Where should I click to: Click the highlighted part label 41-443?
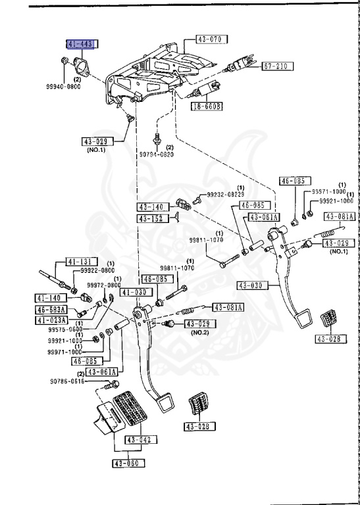tap(80, 44)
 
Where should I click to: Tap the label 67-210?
tap(276, 66)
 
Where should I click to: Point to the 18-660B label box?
tap(207, 106)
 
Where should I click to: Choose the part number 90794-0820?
tap(156, 155)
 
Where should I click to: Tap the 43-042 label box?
tap(139, 441)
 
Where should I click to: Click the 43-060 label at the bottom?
tap(128, 464)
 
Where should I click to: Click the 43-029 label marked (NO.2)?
tap(198, 324)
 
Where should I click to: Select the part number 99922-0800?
tap(97, 270)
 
